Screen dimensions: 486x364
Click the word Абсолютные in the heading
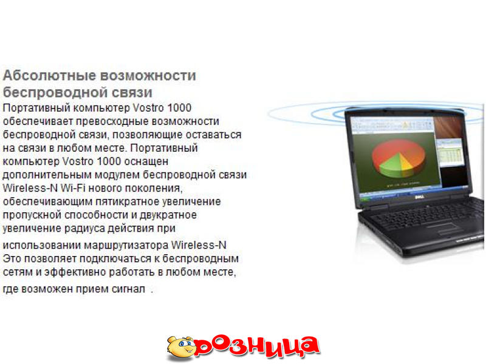click(50, 75)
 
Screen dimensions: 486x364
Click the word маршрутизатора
click(126, 245)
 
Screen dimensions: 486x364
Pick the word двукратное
click(168, 215)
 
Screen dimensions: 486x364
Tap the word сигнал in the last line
click(128, 289)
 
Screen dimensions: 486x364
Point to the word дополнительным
click(47, 175)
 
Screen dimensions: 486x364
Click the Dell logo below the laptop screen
click(419, 197)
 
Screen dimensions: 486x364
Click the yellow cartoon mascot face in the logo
click(182, 348)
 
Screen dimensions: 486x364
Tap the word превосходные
click(112, 121)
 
